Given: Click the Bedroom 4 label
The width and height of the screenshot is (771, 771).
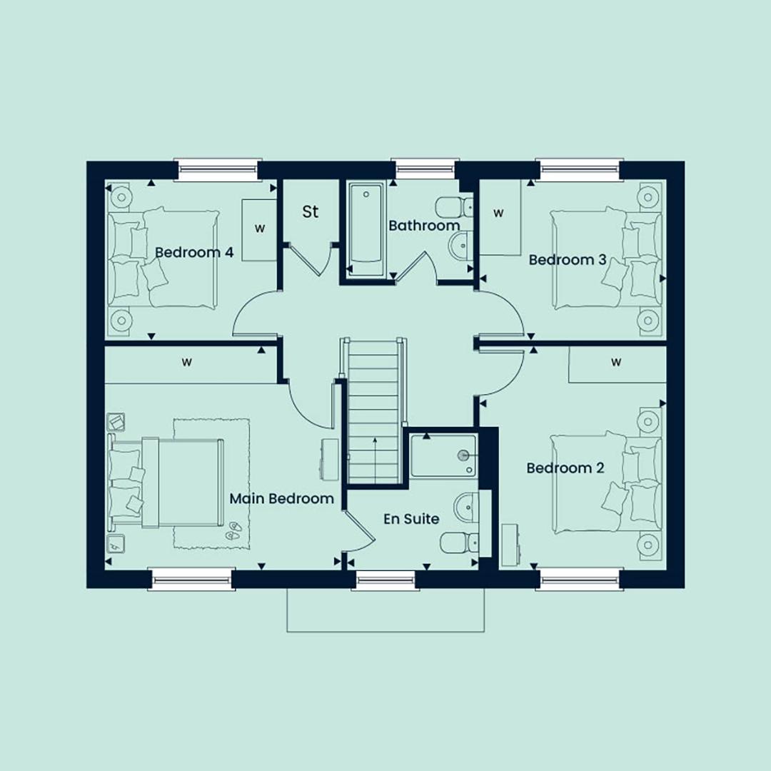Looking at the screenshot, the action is pyautogui.click(x=194, y=252).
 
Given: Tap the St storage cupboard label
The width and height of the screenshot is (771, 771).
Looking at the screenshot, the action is pyautogui.click(x=311, y=212).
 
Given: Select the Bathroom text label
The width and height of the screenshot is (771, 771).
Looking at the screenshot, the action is pyautogui.click(x=424, y=226).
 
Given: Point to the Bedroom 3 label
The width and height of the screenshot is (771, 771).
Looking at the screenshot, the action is pyautogui.click(x=568, y=260).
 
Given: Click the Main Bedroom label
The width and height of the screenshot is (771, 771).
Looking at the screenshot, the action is pyautogui.click(x=282, y=498).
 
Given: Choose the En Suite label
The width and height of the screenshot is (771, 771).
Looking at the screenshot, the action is pyautogui.click(x=412, y=519).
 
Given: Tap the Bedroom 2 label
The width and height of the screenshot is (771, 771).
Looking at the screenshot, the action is pyautogui.click(x=565, y=468).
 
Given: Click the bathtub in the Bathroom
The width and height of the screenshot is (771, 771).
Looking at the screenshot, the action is pyautogui.click(x=366, y=229).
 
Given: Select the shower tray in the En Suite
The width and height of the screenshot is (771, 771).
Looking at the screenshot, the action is pyautogui.click(x=443, y=455).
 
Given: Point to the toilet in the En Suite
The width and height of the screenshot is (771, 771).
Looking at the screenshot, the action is pyautogui.click(x=459, y=543).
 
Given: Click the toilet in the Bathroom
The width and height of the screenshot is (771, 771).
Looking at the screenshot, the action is pyautogui.click(x=455, y=206).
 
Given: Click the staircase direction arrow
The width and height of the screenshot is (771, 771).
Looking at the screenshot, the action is pyautogui.click(x=376, y=460).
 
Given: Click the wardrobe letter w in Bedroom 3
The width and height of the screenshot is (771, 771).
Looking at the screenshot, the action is pyautogui.click(x=498, y=213).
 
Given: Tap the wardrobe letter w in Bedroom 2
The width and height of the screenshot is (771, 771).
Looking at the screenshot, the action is pyautogui.click(x=615, y=362).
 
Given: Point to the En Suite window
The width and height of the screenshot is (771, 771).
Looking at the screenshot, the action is pyautogui.click(x=386, y=580).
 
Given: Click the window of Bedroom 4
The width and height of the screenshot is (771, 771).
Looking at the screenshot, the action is pyautogui.click(x=218, y=170).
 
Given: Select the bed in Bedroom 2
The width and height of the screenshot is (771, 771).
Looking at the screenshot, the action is pyautogui.click(x=606, y=483).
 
